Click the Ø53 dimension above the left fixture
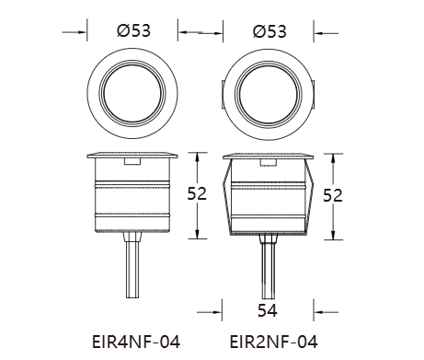(x=133, y=30)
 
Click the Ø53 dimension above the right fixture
(x=269, y=31)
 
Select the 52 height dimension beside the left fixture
(x=197, y=193)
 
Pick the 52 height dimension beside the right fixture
(x=333, y=195)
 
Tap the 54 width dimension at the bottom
(x=268, y=310)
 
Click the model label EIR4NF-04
(x=136, y=342)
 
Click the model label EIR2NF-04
(x=273, y=342)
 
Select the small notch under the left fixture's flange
(x=132, y=162)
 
